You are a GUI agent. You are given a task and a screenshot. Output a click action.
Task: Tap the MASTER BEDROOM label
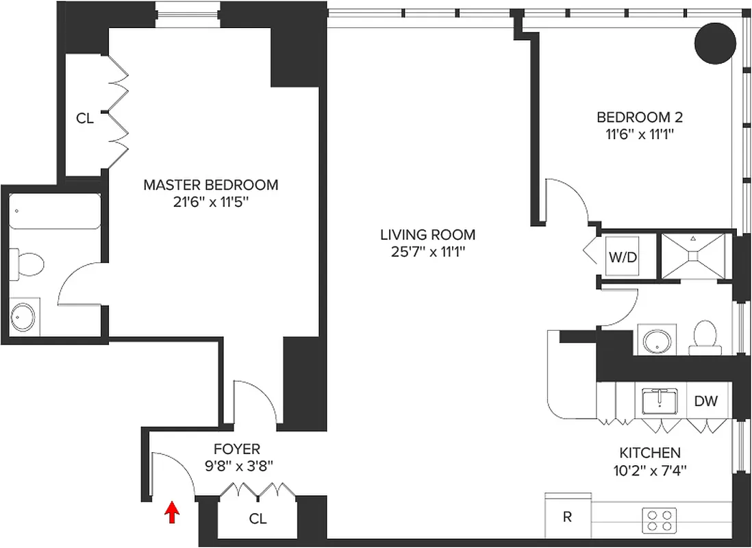tap(210, 185)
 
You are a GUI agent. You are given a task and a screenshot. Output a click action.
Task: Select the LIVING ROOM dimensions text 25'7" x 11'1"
tap(427, 251)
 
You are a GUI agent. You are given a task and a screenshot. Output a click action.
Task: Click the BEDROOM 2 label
tap(639, 117)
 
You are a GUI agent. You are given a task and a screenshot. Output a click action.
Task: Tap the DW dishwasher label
tap(705, 401)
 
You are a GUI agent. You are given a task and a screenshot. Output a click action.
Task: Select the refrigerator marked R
tap(567, 516)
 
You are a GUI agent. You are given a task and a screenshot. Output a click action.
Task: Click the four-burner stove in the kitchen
tap(659, 519)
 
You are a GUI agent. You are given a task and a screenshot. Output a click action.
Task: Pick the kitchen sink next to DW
tap(660, 401)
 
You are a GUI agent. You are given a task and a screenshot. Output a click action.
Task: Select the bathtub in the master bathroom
tap(55, 213)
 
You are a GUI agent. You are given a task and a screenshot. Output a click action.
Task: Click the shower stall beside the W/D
tap(693, 256)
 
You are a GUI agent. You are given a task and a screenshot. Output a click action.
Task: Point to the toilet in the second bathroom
tap(704, 336)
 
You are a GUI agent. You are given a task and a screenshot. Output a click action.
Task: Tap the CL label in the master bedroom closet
tap(84, 119)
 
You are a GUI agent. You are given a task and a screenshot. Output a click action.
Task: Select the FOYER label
tap(237, 449)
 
